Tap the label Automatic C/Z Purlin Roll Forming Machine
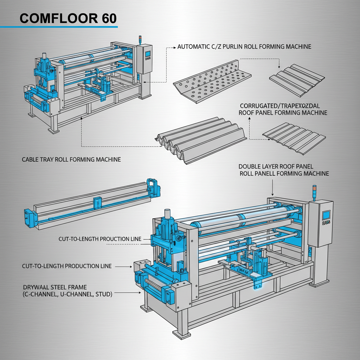coord(244,46)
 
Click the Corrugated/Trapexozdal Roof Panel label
coord(283,109)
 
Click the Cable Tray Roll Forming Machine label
coord(71,159)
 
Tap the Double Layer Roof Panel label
coord(283,170)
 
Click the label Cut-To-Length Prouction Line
coord(100,239)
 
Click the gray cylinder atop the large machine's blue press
coord(168,215)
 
